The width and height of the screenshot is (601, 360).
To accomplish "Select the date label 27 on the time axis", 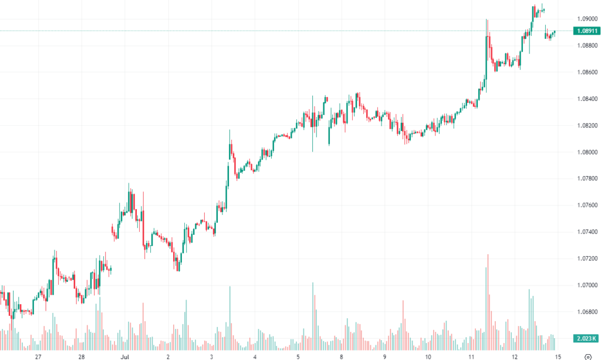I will pyautogui.click(x=38, y=356).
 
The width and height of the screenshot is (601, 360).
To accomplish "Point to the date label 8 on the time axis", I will pyautogui.click(x=341, y=356).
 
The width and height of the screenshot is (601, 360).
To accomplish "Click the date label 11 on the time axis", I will pyautogui.click(x=471, y=356).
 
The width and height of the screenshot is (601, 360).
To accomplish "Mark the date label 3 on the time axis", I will pyautogui.click(x=211, y=356).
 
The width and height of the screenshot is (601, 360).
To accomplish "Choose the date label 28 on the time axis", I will pyautogui.click(x=82, y=356).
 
